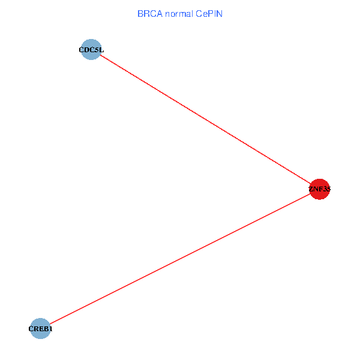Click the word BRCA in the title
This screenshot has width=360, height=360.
point(148,14)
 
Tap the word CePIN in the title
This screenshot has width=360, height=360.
point(209,14)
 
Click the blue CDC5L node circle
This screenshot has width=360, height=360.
point(91,50)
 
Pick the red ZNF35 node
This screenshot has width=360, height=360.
point(320,189)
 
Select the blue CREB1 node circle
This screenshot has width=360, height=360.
point(40,328)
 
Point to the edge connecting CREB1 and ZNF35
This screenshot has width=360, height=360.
point(180,259)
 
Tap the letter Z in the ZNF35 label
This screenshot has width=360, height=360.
point(311,190)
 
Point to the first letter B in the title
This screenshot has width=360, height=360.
point(140,14)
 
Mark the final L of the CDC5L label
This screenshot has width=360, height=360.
point(101,50)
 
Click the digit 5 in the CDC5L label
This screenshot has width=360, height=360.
point(97,50)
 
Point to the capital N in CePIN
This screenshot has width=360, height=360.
point(220,14)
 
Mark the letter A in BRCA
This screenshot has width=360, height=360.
point(157,14)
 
